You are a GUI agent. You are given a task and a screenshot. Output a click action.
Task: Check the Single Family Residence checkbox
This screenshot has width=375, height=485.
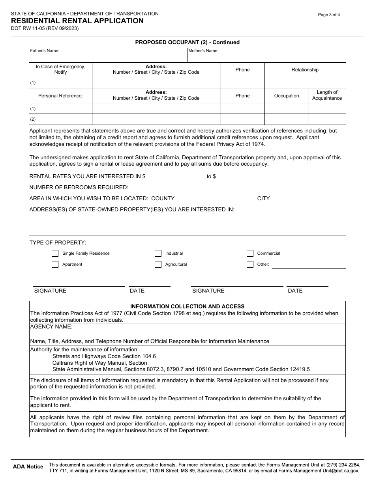coord(55,254)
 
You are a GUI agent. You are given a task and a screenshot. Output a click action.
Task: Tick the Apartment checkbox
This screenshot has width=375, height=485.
coord(55,265)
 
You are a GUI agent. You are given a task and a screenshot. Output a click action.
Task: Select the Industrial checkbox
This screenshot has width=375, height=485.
coord(158,254)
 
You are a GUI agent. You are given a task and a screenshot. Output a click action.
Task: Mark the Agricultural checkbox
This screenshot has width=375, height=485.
coord(158,265)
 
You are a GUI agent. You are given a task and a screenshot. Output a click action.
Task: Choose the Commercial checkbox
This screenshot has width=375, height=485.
coord(250,254)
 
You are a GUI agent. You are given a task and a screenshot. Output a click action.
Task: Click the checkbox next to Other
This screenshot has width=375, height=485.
coord(250,265)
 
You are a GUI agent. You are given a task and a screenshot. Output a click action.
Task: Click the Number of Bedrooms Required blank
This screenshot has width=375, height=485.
coord(150,188)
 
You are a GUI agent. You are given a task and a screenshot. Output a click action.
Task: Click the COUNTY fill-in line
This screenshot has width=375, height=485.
coord(213,199)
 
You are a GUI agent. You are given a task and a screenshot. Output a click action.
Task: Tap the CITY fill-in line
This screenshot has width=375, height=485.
coord(309,199)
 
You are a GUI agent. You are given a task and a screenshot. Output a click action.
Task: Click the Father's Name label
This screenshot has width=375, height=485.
coord(45,51)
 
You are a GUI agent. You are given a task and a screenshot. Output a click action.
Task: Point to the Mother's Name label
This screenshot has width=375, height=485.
coord(203,51)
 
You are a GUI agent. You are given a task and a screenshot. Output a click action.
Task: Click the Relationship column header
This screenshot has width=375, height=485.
coord(305,70)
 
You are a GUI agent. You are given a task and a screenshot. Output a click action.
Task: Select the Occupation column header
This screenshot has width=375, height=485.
coord(287,96)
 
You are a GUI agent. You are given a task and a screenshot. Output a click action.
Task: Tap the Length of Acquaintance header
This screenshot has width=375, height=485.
coord(327,95)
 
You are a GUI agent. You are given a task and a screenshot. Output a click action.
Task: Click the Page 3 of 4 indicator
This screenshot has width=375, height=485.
coord(329,15)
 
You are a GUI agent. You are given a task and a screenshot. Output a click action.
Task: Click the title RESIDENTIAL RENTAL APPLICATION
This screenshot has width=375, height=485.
coord(77,21)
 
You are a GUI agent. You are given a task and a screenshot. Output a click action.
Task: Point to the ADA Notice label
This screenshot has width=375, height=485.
coord(28,467)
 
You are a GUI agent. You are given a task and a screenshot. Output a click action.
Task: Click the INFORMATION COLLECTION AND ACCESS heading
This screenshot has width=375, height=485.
coord(187,306)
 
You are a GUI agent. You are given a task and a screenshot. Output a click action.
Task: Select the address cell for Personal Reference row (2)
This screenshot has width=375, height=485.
coord(156,119)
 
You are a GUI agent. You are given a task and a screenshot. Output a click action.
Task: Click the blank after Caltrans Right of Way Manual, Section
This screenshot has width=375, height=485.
coord(176,363)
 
